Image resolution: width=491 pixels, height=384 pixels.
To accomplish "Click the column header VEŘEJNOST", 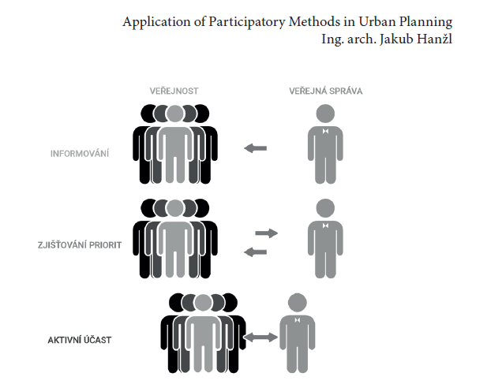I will (174, 91).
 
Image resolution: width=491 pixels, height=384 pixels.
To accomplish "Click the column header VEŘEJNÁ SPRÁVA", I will (325, 91).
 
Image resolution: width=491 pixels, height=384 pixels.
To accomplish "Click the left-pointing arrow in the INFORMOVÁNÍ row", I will (255, 148).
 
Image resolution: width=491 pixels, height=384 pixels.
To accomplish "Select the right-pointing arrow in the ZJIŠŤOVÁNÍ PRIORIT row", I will (267, 233).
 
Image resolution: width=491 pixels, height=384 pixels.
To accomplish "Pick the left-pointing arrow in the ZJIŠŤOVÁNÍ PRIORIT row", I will (255, 252).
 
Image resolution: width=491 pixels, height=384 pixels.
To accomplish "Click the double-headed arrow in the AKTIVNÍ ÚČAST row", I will (260, 337).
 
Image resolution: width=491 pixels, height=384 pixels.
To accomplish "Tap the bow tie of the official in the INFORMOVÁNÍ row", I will (324, 132).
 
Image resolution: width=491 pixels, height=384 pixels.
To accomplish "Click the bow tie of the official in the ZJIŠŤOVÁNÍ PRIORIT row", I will (324, 227).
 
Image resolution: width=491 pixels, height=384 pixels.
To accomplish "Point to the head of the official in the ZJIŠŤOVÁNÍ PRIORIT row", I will (324, 208).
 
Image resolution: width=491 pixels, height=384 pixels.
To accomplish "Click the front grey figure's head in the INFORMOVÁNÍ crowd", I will (174, 114).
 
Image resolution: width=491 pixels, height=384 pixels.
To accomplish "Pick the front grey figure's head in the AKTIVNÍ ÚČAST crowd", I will (203, 303).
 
